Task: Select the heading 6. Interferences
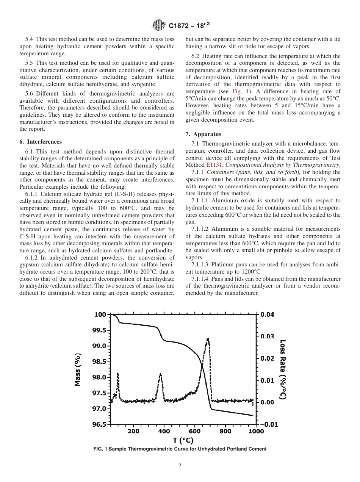click(41, 142)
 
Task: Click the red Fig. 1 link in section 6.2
click(237, 91)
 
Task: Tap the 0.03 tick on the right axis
click(267, 336)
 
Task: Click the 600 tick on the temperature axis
click(194, 431)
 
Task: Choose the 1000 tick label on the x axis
click(256, 431)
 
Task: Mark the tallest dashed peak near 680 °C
click(208, 340)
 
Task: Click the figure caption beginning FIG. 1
click(180, 449)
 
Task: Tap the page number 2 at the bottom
click(180, 466)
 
